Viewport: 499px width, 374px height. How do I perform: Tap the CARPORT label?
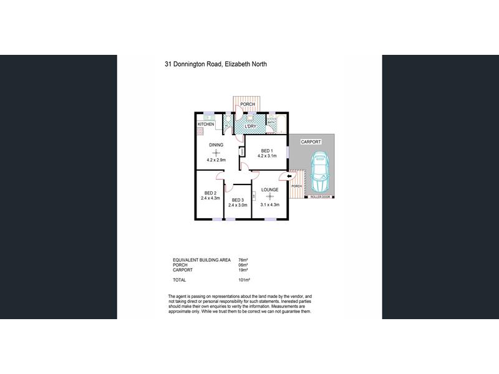(311, 142)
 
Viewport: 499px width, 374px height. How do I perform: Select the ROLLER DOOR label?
(321, 197)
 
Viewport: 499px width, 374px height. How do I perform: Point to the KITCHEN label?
(206, 125)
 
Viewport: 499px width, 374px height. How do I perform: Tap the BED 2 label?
(210, 193)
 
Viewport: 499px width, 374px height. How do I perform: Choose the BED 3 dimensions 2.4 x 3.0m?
(238, 205)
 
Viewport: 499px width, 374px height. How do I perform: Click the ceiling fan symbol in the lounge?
(269, 197)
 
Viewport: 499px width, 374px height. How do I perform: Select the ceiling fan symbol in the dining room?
(216, 153)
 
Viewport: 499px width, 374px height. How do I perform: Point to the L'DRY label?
(251, 127)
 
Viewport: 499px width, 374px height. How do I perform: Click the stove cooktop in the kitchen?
(201, 132)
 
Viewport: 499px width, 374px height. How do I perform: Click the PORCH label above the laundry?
(248, 104)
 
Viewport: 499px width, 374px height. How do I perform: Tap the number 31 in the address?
(168, 64)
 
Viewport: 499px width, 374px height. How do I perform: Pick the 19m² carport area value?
(243, 270)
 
